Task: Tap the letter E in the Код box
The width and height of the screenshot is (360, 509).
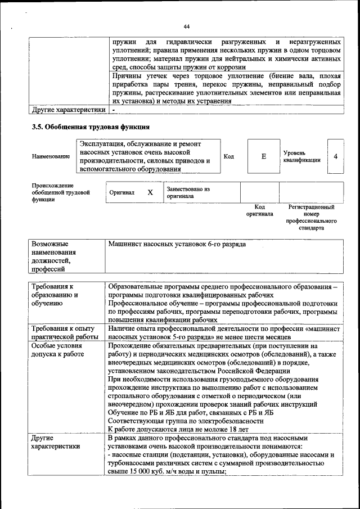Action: [x=263, y=156]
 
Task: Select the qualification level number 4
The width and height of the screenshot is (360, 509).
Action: [x=335, y=156]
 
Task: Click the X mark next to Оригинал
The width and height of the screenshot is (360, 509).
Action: [x=150, y=192]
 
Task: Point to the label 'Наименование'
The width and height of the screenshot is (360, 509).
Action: [x=51, y=157]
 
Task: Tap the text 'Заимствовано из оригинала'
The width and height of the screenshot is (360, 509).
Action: [x=188, y=193]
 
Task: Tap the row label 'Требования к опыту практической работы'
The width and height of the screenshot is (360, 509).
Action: [x=65, y=332]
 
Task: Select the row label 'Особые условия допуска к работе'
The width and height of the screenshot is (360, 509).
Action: [x=57, y=350]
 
